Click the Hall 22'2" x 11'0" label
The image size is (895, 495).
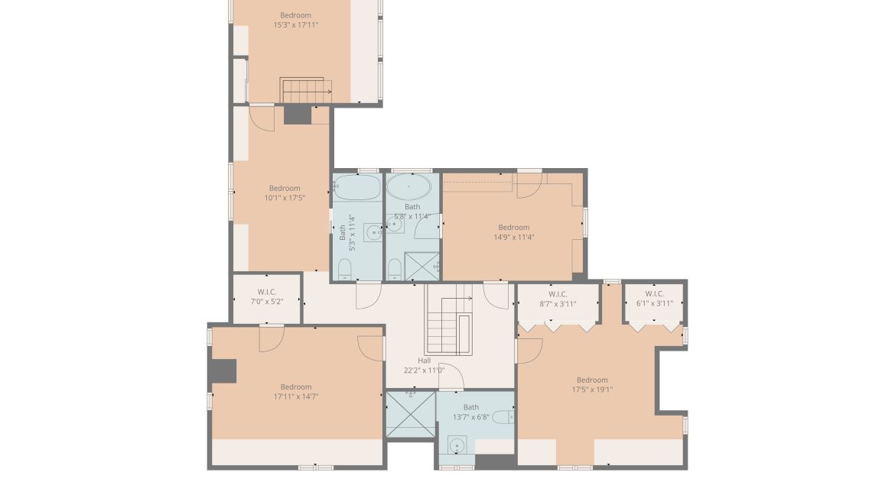[x=424, y=365]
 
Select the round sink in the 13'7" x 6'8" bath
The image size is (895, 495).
[x=457, y=445]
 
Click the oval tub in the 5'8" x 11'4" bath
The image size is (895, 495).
[x=412, y=186]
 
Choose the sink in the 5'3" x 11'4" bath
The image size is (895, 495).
[x=373, y=232]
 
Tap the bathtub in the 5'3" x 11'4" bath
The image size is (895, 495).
[x=357, y=187]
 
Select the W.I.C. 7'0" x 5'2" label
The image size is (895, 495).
[x=266, y=296]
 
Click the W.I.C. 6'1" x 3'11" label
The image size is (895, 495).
[x=654, y=299]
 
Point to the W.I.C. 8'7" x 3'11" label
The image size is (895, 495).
[x=557, y=299]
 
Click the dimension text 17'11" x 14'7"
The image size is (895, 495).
[x=296, y=396]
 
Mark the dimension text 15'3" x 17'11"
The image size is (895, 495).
[x=295, y=25]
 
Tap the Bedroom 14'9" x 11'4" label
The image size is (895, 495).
[x=513, y=232]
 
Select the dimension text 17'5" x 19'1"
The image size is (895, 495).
[x=592, y=390]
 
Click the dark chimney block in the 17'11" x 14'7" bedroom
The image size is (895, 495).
[x=223, y=370]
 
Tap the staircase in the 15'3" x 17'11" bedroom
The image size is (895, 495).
[x=306, y=90]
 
